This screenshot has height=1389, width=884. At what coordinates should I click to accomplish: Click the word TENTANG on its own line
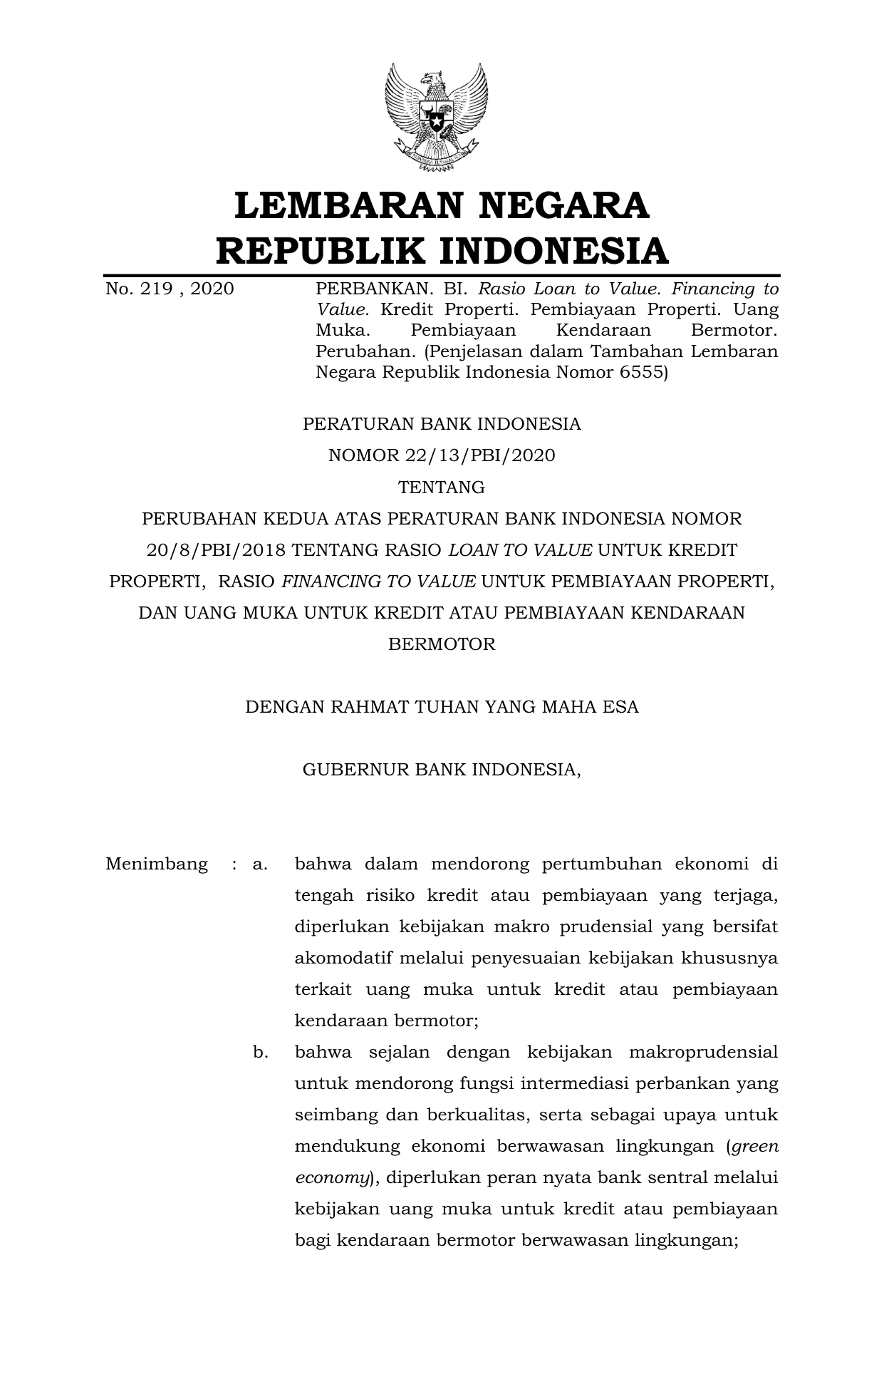click(x=442, y=487)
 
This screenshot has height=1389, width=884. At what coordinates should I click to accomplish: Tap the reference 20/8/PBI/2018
click(x=216, y=550)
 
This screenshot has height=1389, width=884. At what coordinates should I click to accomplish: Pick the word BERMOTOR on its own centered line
click(x=442, y=644)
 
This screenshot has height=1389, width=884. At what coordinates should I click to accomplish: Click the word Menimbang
click(x=157, y=864)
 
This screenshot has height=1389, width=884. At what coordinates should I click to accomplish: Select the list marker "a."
click(x=260, y=864)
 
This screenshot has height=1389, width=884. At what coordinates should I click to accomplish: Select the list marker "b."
click(x=260, y=1053)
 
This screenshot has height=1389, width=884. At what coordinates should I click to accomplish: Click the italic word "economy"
click(x=332, y=1178)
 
